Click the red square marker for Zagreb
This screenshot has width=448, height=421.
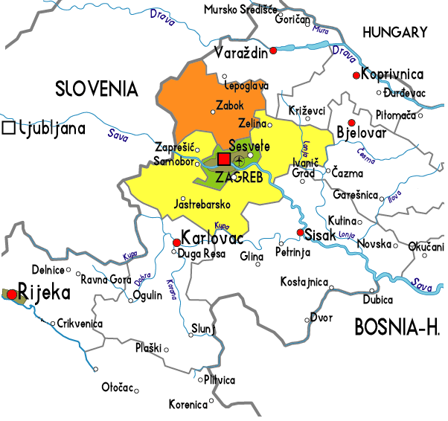click(224, 159)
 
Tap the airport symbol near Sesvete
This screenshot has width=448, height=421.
click(239, 161)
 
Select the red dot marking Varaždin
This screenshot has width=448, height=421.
click(273, 51)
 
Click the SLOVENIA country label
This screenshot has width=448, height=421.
click(97, 90)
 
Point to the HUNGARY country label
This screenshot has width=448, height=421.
click(394, 32)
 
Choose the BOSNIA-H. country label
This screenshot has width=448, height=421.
click(397, 327)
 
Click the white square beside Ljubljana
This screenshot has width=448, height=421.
click(9, 128)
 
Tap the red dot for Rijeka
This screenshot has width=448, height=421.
click(11, 294)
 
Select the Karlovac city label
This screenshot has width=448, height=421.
click(209, 242)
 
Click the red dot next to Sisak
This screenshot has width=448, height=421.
click(300, 234)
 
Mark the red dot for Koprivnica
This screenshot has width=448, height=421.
click(356, 74)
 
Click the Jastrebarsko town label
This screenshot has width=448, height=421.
click(202, 204)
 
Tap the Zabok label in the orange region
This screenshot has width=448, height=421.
click(228, 105)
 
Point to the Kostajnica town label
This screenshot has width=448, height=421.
click(304, 282)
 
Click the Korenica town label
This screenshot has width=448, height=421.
click(187, 405)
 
